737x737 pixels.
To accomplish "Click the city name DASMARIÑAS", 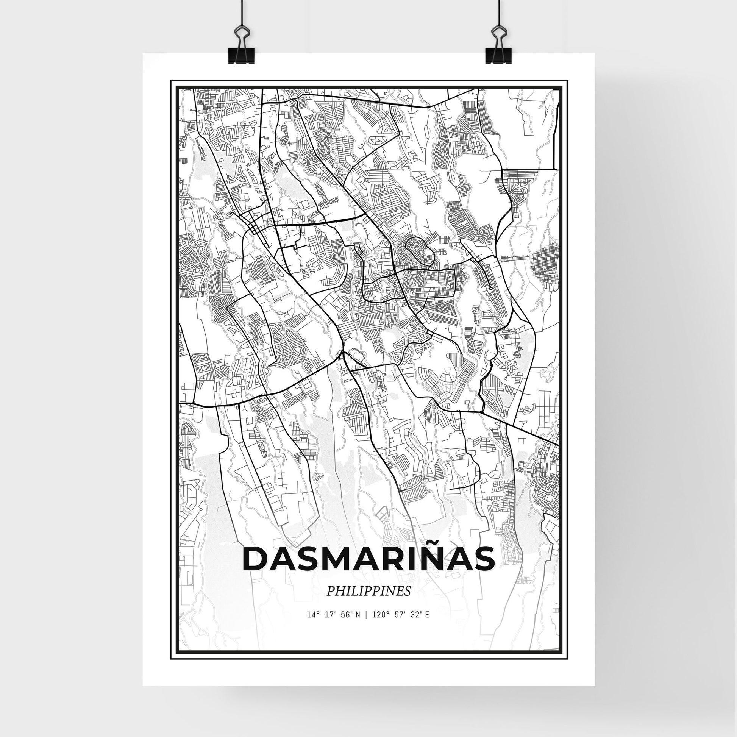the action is (368, 559).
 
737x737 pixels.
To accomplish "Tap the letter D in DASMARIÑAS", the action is (255, 559).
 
